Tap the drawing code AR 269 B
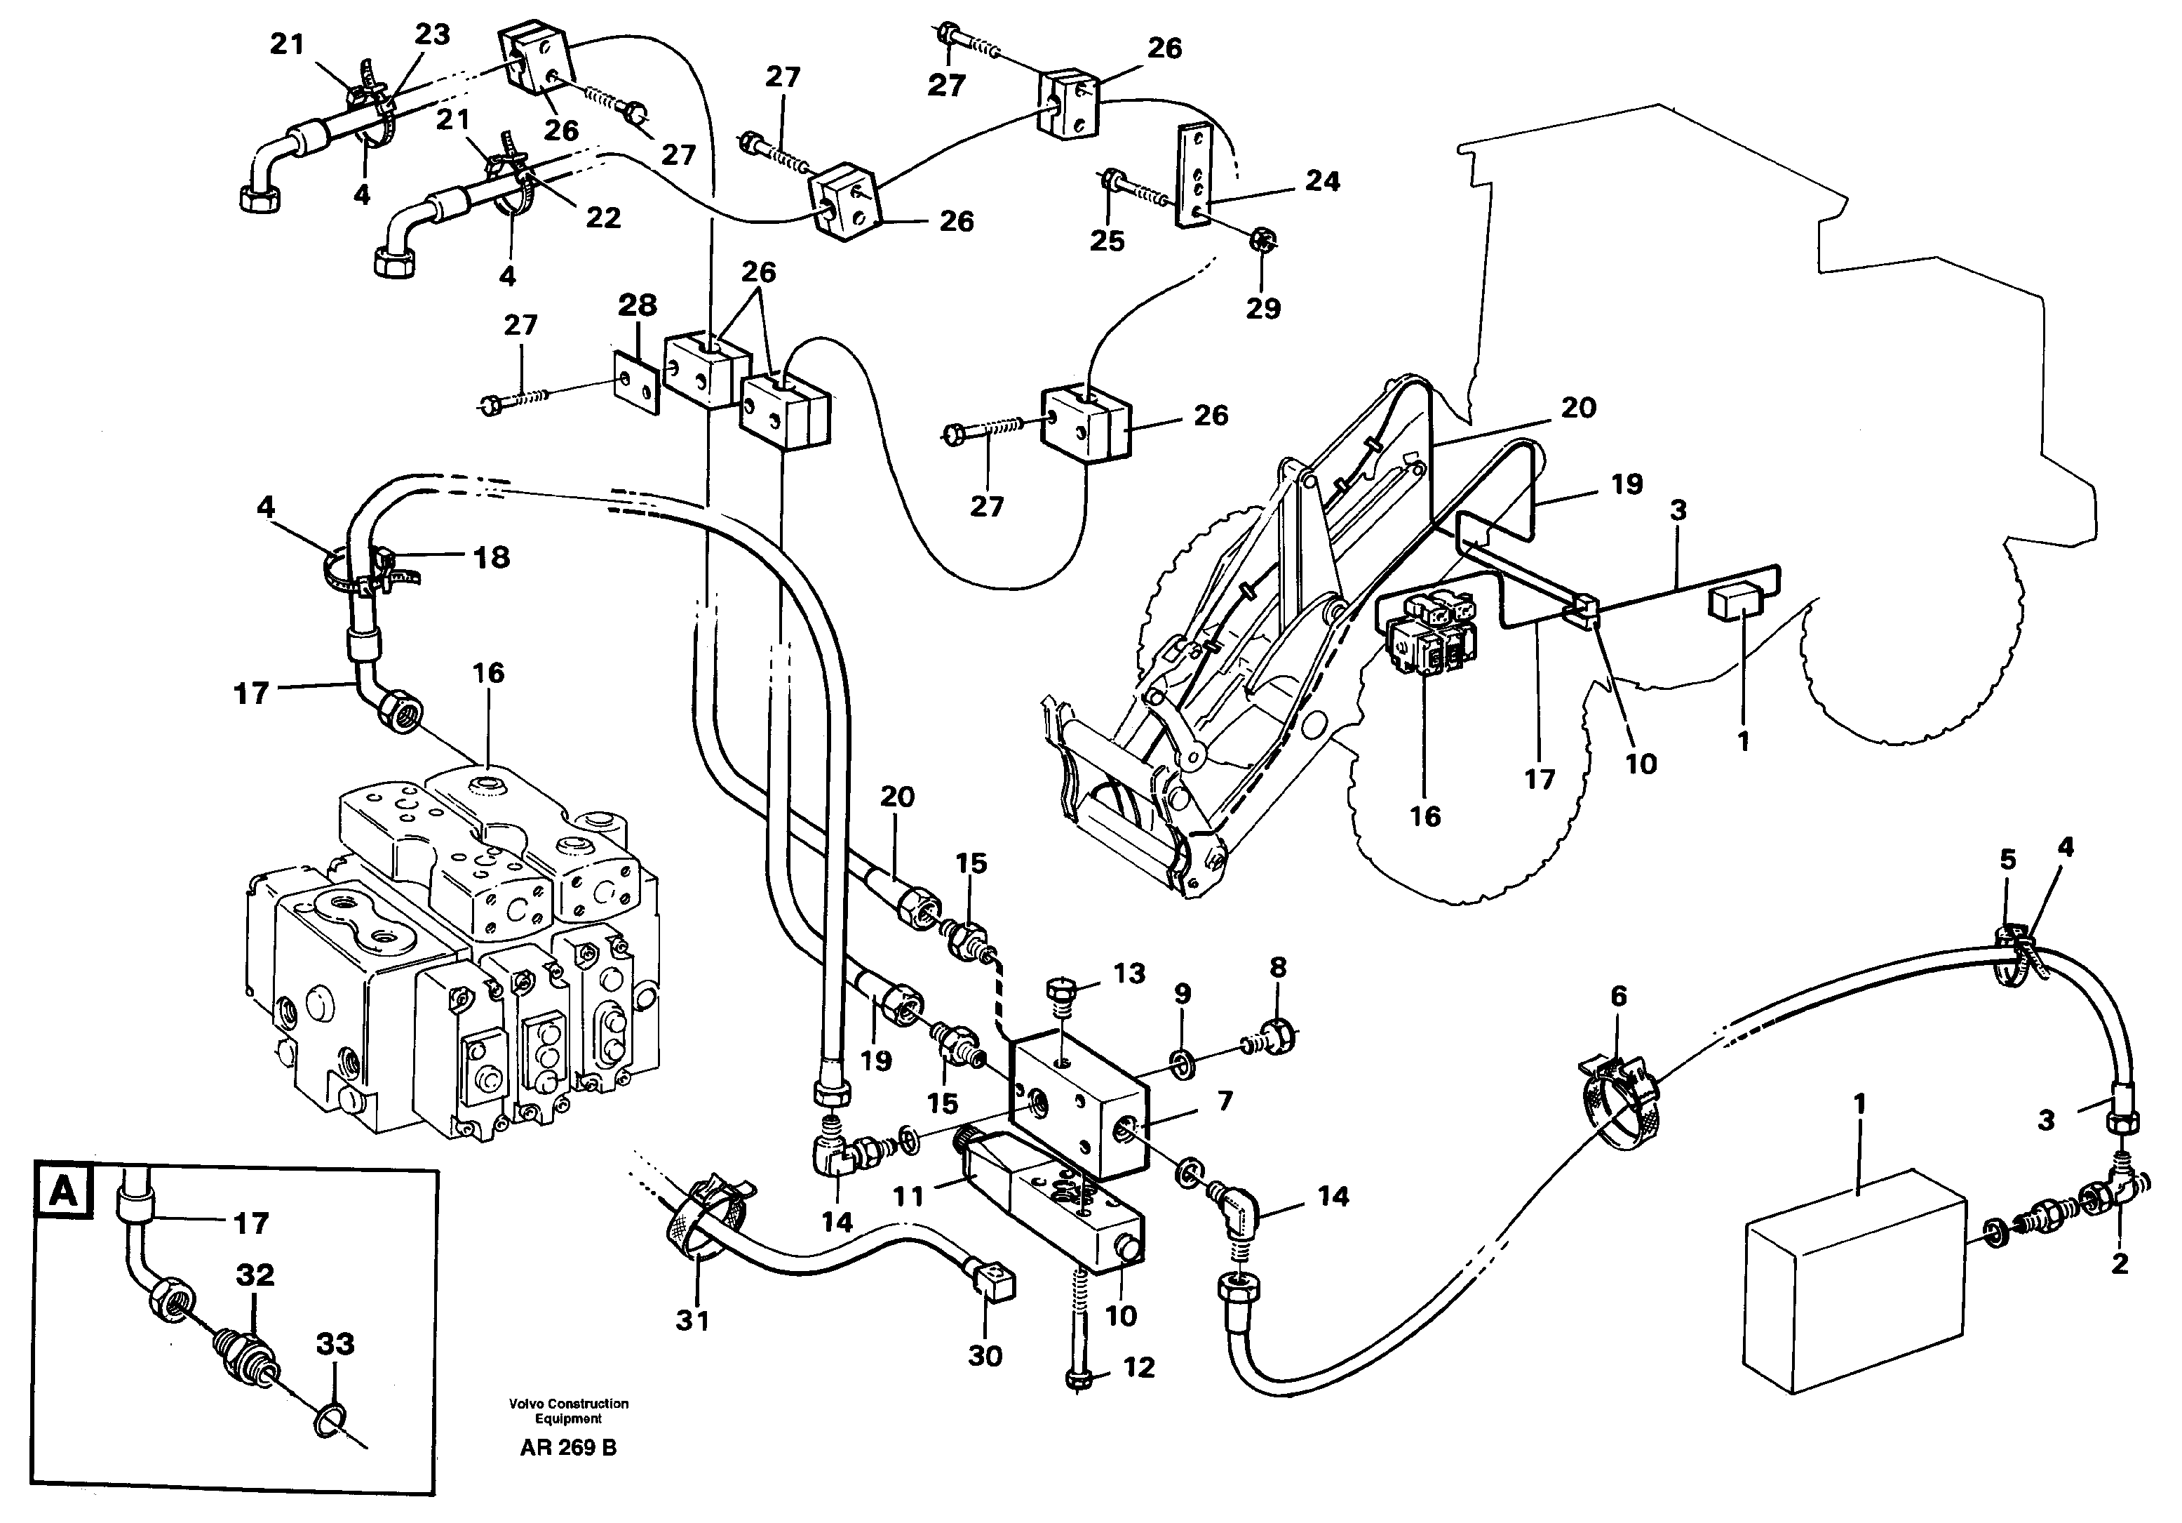tap(567, 1448)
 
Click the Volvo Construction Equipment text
tap(568, 1411)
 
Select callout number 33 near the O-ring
tap(335, 1343)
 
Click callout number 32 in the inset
tap(255, 1274)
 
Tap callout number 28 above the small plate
tap(637, 305)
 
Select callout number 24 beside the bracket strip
tap(1322, 180)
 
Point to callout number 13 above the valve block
tap(1129, 973)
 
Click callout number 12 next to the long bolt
tap(1138, 1367)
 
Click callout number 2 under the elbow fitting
tap(2118, 1263)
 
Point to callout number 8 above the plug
tap(1277, 968)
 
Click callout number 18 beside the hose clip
tap(492, 557)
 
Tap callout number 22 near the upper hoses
tap(602, 218)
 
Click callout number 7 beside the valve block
tap(1224, 1101)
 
